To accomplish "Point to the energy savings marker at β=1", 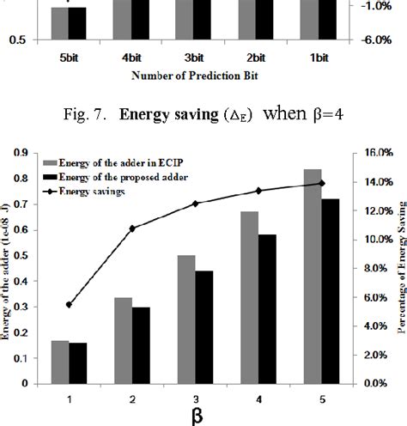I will pos(68,304).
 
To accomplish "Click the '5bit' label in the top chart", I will pos(68,58).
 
